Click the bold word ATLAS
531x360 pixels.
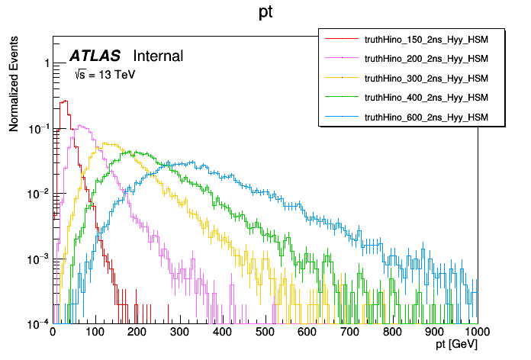[x=95, y=56]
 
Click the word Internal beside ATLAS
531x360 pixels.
[x=158, y=56]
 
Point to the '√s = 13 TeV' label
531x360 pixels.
[x=105, y=75]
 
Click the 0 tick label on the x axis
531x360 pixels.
[x=53, y=333]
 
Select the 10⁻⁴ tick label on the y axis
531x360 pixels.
[x=36, y=324]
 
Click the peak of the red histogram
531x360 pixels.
[x=65, y=101]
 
